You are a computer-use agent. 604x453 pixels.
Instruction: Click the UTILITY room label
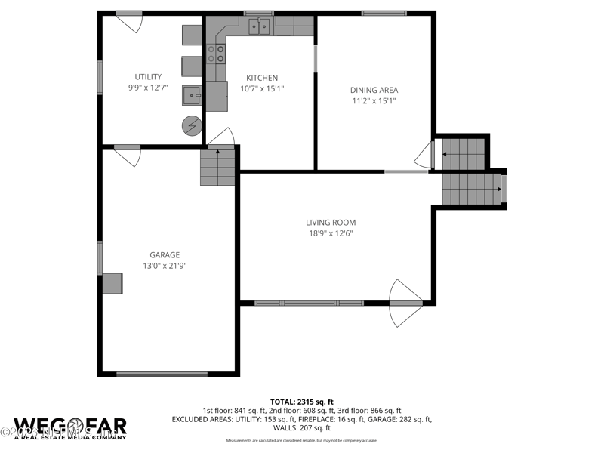[148, 76]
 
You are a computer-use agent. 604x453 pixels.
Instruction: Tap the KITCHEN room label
[262, 78]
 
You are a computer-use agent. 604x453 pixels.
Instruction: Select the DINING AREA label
[374, 90]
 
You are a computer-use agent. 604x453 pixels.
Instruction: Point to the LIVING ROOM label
[331, 223]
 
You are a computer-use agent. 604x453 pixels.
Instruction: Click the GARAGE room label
[165, 255]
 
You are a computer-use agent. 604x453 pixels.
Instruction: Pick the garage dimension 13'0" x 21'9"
[165, 266]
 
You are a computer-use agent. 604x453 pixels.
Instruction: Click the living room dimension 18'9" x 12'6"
[331, 233]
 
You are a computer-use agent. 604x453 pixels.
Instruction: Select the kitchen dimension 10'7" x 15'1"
[262, 88]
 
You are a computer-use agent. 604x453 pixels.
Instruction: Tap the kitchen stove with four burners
[216, 53]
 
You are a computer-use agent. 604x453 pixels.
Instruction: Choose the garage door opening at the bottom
[162, 374]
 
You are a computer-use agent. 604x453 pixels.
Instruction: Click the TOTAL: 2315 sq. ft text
[302, 401]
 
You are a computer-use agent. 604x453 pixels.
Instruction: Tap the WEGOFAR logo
[69, 427]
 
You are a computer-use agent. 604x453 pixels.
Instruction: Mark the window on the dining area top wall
[384, 13]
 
